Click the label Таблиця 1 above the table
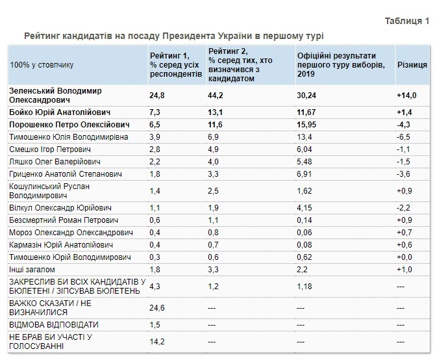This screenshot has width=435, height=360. point(406,21)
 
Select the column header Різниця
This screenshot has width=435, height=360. point(412,65)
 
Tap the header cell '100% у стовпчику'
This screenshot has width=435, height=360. point(42,65)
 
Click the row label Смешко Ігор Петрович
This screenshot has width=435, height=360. point(49,149)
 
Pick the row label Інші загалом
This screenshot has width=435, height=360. point(32,269)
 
